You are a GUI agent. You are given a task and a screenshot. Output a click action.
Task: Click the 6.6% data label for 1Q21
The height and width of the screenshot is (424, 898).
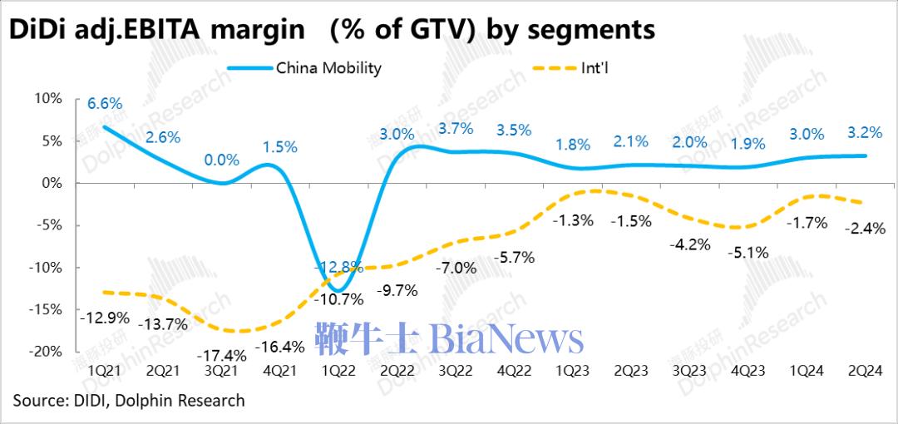(106, 104)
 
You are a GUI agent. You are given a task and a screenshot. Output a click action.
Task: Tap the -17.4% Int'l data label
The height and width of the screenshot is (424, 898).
(220, 355)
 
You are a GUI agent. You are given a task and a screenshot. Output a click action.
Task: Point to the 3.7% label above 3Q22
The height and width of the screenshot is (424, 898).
(456, 128)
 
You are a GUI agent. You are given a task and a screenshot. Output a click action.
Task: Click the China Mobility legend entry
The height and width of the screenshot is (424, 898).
(328, 68)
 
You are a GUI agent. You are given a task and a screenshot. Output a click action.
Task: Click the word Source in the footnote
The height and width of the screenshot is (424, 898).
(37, 401)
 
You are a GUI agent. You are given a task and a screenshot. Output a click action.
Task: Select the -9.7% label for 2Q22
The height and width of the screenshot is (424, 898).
(397, 292)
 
